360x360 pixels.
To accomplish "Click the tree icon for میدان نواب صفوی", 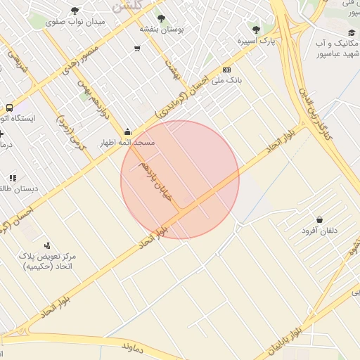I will [x=75, y=11].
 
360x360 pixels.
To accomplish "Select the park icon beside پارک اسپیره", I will [x=256, y=30].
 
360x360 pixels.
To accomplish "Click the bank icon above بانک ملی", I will [x=226, y=70].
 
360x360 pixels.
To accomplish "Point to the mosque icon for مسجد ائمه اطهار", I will [x=127, y=131].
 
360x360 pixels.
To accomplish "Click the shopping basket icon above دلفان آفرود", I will [x=320, y=220].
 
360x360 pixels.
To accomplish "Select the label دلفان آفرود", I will [x=320, y=231].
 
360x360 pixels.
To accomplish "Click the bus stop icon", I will [x=9, y=108].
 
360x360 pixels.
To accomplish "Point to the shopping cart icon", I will [x=136, y=49].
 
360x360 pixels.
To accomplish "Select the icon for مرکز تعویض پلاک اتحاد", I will [x=47, y=245].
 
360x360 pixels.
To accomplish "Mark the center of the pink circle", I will [x=180, y=180].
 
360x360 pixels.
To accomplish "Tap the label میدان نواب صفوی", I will [x=75, y=22].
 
